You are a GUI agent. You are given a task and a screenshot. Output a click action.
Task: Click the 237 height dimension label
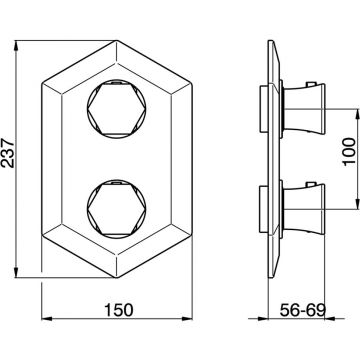[x=7, y=153]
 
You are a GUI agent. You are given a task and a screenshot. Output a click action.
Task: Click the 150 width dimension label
[x=119, y=310]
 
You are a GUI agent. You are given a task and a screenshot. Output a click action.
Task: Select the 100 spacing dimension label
[x=349, y=152]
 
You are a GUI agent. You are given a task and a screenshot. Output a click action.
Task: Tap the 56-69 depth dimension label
[x=302, y=310]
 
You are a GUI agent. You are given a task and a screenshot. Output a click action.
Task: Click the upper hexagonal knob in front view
[x=117, y=109]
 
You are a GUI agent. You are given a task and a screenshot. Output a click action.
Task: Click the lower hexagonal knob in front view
[x=117, y=209]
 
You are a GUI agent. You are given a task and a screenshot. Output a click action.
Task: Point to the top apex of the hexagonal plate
[x=117, y=41]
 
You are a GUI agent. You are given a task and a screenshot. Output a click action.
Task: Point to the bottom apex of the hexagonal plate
[x=117, y=278]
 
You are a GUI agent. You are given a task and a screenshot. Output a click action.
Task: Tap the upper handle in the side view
[x=304, y=109]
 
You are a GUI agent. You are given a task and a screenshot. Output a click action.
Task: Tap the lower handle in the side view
[x=304, y=209]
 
